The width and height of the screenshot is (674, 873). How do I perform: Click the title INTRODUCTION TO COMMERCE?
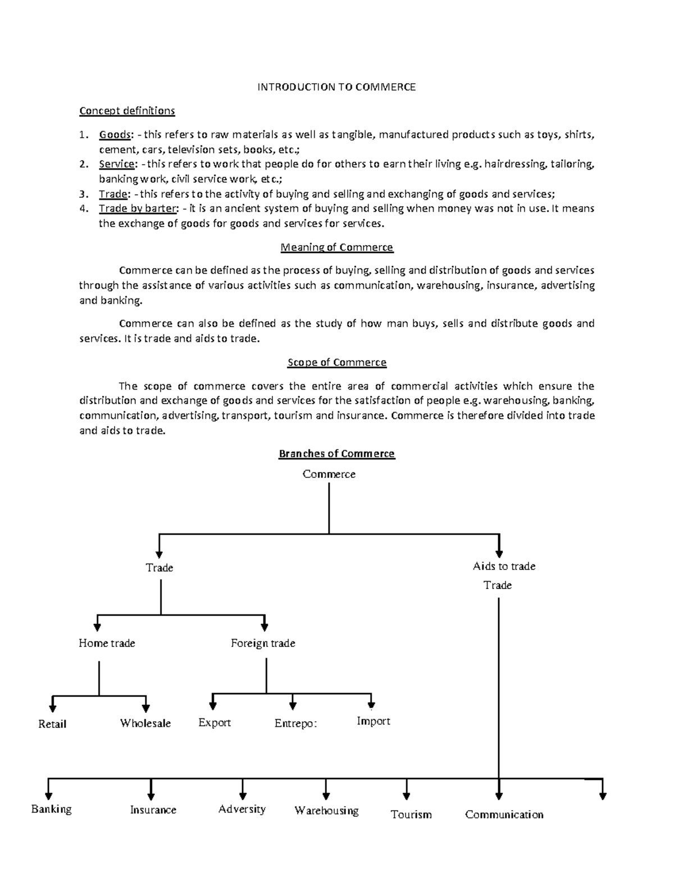pyautogui.click(x=336, y=87)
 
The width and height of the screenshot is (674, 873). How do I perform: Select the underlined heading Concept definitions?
pyautogui.click(x=127, y=111)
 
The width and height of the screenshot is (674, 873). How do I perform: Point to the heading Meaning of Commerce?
pyautogui.click(x=336, y=247)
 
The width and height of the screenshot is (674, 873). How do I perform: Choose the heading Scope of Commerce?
pyautogui.click(x=336, y=363)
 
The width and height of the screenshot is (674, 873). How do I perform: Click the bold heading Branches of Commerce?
pyautogui.click(x=336, y=454)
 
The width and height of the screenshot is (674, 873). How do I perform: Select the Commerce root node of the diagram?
pyautogui.click(x=329, y=474)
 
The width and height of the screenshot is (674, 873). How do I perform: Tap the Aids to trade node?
pyautogui.click(x=504, y=567)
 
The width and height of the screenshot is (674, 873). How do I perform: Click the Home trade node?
pyautogui.click(x=107, y=643)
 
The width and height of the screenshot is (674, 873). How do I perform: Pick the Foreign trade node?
pyautogui.click(x=263, y=643)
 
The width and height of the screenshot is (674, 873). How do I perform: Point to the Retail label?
pyautogui.click(x=52, y=724)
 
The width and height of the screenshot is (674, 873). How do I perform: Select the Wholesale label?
pyautogui.click(x=145, y=723)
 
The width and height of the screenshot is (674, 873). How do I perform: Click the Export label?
pyautogui.click(x=215, y=722)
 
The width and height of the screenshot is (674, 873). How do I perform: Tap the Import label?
pyautogui.click(x=374, y=721)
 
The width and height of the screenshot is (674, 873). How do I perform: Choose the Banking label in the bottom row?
pyautogui.click(x=51, y=809)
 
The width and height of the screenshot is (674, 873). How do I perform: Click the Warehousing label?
pyautogui.click(x=326, y=811)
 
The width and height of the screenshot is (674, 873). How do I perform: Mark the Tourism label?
pyautogui.click(x=411, y=815)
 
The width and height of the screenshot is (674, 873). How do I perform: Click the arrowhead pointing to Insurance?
pyautogui.click(x=151, y=795)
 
